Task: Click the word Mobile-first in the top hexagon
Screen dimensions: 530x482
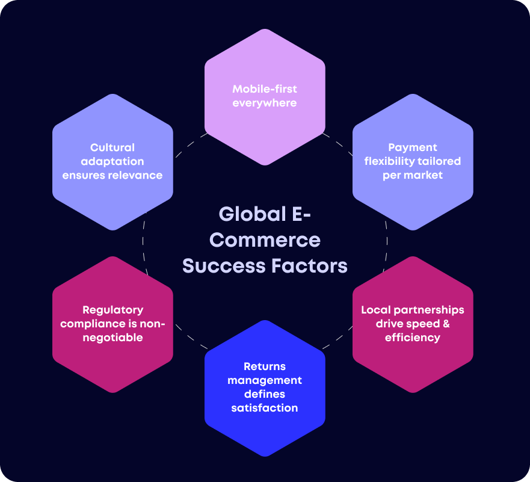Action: (265, 89)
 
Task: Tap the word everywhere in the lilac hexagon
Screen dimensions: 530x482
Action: (265, 103)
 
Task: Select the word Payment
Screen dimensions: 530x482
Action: (413, 147)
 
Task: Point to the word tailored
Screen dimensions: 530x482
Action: (440, 161)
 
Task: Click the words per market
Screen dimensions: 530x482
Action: (413, 175)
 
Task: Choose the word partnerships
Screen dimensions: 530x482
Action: (428, 310)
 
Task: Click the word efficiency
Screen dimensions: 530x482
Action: (413, 338)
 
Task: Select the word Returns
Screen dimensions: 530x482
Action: (265, 366)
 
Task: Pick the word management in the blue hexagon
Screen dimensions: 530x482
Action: (265, 380)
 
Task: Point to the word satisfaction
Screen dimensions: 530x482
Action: (265, 408)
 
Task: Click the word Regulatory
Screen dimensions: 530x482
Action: (112, 310)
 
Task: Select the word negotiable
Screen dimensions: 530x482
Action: (112, 338)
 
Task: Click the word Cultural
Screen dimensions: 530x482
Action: (112, 147)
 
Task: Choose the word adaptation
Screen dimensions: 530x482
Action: (112, 161)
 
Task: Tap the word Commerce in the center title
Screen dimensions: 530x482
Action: (265, 240)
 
